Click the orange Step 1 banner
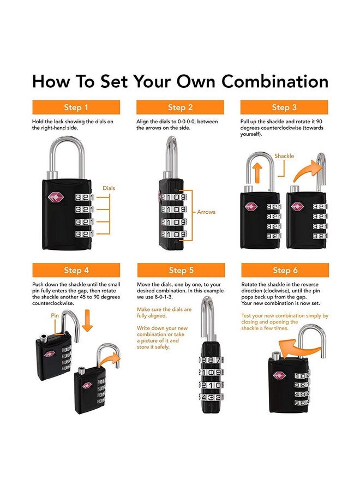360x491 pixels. [76, 107]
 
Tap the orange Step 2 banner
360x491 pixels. [180, 107]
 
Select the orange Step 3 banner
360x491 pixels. [284, 107]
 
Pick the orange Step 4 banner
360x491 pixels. [76, 270]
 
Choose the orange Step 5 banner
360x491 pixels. [181, 270]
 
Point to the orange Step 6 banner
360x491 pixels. [285, 270]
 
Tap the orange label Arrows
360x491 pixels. [206, 212]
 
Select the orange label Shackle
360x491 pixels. [284, 156]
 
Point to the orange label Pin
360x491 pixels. [55, 315]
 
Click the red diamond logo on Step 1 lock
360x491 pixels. [56, 197]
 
